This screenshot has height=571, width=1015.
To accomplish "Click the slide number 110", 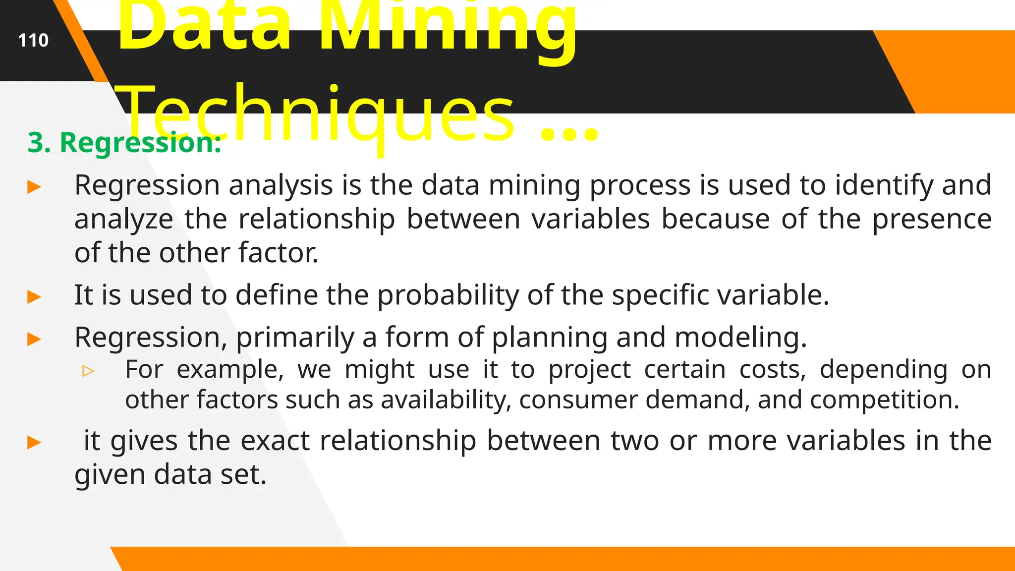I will coord(33,40).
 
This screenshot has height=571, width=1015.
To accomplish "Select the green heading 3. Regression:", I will coord(124,143).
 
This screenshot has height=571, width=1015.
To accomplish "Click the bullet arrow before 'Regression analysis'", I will coord(34,187).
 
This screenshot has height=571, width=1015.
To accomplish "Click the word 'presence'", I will coord(932,219).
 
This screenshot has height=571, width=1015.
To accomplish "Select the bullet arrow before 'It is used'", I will coord(34,297).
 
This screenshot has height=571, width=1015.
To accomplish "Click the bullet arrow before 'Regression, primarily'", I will coord(34,340).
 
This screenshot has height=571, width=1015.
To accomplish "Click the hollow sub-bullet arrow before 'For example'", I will coord(88,371).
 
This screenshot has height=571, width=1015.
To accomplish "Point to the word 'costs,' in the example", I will coord(773,370).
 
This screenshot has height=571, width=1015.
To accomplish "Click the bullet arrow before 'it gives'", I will coord(34,442).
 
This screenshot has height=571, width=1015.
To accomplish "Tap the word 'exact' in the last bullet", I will coord(275,441).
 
